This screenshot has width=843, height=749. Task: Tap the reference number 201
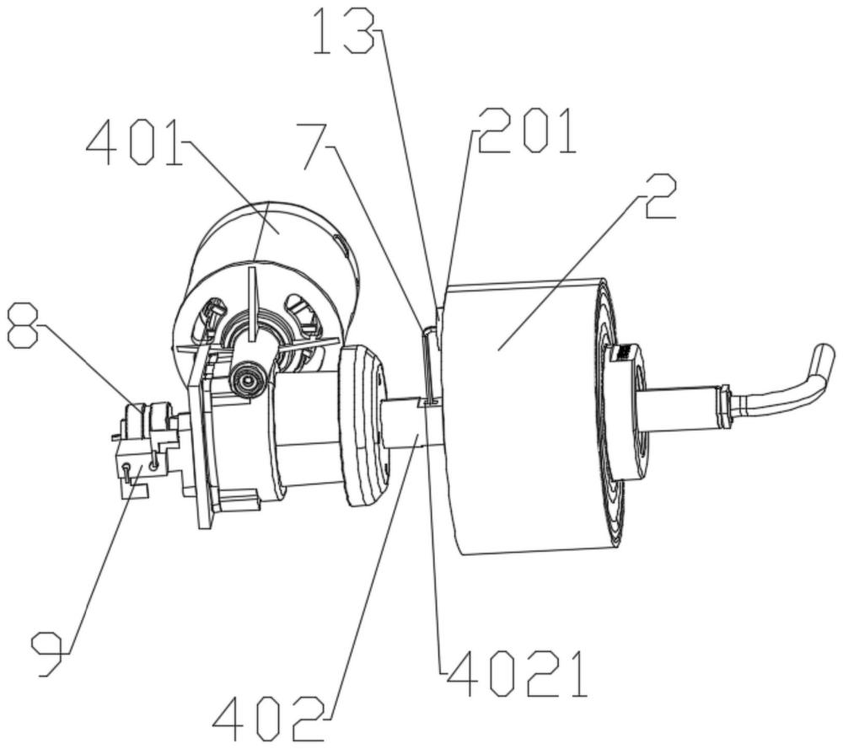point(526,131)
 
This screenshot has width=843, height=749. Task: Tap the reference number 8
point(23,325)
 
